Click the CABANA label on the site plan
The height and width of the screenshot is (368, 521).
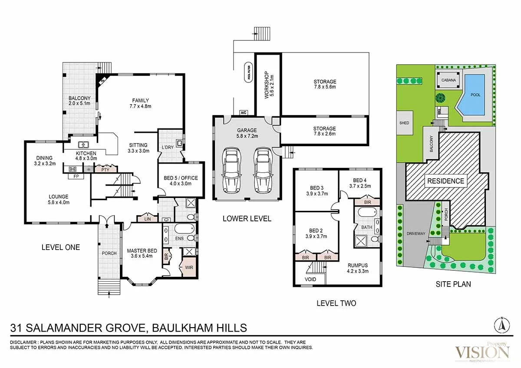[x=448, y=80]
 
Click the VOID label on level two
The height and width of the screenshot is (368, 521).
[x=310, y=279]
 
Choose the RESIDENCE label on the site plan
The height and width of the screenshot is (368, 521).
[x=445, y=181]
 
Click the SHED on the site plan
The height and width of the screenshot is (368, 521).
[x=404, y=123]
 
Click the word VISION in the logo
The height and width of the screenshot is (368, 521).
[x=481, y=351]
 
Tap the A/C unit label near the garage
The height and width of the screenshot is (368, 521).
[x=243, y=113]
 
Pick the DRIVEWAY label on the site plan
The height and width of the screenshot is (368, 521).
[x=416, y=233]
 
